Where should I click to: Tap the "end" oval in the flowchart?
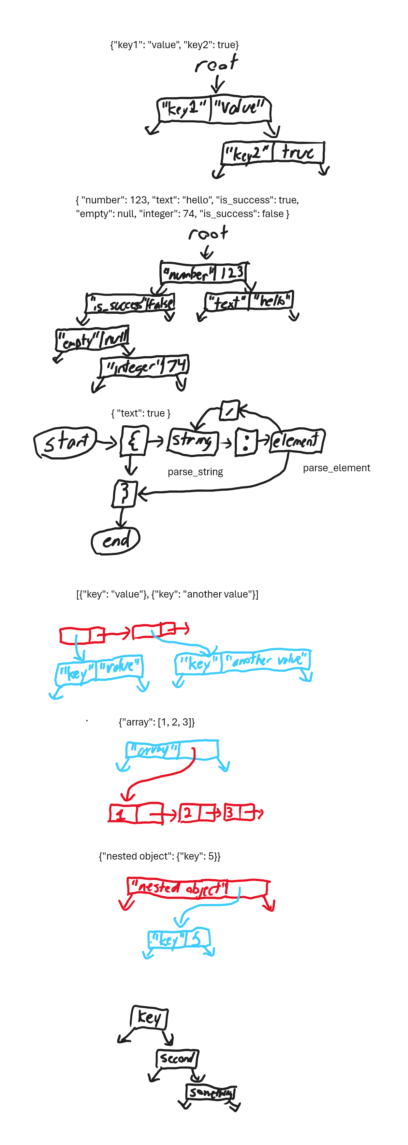116,541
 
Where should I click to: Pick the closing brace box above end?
124,493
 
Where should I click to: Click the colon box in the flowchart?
246,442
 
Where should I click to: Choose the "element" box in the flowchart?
297,441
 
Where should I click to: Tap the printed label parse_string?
195,472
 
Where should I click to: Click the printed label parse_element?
336,468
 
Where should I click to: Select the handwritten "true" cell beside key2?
298,152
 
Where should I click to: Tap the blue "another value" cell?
266,660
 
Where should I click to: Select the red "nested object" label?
178,887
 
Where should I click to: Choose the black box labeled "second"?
177,1058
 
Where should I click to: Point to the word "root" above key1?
216,64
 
